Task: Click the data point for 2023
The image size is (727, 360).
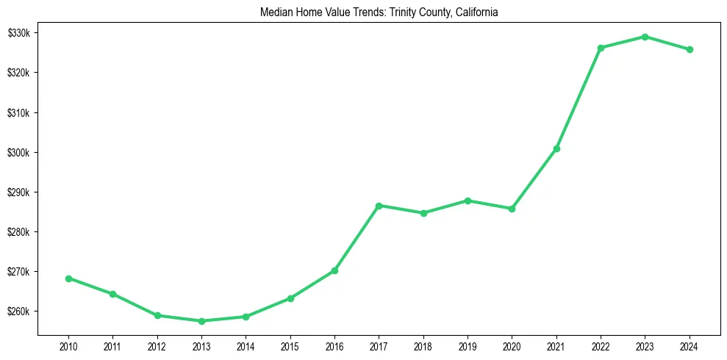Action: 645,37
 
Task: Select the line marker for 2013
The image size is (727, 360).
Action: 201,321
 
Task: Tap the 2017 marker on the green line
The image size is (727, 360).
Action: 379,206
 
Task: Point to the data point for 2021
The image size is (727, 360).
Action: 556,148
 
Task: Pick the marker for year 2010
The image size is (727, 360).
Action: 68,278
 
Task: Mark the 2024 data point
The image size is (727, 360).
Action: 690,50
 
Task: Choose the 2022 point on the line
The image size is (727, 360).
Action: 601,48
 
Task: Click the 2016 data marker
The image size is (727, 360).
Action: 334,270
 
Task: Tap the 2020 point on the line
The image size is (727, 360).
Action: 512,209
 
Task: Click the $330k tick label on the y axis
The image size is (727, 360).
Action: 19,33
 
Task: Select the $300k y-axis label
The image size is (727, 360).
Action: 19,153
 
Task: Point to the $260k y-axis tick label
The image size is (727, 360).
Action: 19,312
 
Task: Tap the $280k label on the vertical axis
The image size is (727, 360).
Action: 19,232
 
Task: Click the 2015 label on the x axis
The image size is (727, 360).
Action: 290,346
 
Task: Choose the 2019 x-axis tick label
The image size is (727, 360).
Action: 468,346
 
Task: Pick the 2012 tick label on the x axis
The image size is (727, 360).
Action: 157,346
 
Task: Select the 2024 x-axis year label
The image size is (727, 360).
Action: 690,346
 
